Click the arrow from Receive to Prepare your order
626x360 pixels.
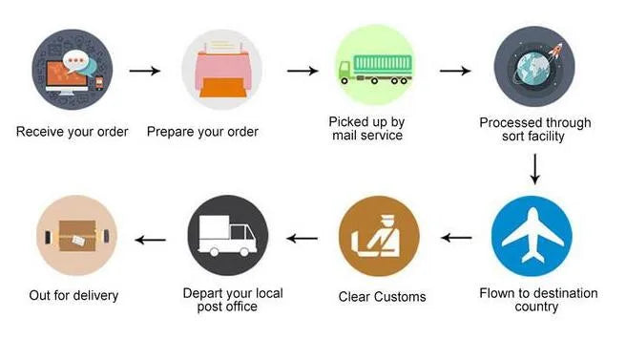click(144, 71)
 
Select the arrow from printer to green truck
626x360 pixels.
click(302, 71)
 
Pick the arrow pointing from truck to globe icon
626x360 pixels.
click(455, 71)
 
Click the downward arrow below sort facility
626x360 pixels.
click(534, 168)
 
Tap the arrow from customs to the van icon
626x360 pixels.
click(303, 238)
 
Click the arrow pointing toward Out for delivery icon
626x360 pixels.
click(150, 239)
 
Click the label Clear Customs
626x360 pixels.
click(382, 296)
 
